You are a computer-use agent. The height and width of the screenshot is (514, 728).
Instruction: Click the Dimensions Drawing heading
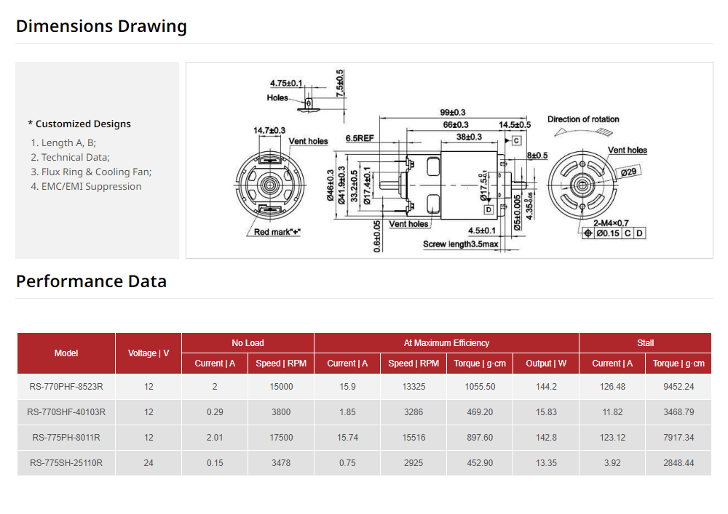tap(101, 26)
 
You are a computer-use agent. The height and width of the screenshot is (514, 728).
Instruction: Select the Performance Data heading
tap(91, 281)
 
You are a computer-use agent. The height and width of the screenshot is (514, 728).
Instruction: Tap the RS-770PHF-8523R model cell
tap(66, 387)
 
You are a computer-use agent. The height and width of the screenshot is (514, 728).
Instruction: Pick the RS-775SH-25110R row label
tap(66, 463)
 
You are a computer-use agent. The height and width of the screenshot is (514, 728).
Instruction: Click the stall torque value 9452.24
tap(678, 387)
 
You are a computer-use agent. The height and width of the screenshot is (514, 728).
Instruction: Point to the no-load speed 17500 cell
tap(280, 438)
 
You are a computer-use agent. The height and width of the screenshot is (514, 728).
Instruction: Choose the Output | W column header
tap(546, 364)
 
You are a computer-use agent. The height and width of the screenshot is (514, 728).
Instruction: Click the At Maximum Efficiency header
tap(446, 343)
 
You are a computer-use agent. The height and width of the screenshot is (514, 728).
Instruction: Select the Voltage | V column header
tap(149, 353)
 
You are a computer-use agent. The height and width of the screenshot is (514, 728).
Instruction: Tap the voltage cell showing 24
tap(149, 463)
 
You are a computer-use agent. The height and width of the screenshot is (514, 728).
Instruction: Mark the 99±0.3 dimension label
tap(453, 113)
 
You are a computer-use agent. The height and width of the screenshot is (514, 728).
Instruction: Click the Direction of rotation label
tap(583, 119)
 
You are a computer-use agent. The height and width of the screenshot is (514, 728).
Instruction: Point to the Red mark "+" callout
tap(277, 233)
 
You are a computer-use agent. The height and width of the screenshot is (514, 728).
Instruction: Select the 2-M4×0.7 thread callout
tap(611, 222)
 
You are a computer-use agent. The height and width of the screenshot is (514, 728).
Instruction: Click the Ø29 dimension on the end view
tap(629, 172)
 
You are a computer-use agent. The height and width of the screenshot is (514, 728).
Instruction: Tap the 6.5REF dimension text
tap(360, 137)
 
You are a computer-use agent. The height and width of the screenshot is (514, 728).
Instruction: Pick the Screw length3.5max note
tap(460, 244)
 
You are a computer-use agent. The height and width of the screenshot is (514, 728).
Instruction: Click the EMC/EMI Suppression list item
tap(86, 186)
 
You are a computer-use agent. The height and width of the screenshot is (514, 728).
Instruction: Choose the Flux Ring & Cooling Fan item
tap(91, 172)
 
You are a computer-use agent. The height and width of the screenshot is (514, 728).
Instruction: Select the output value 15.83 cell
tap(546, 412)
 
